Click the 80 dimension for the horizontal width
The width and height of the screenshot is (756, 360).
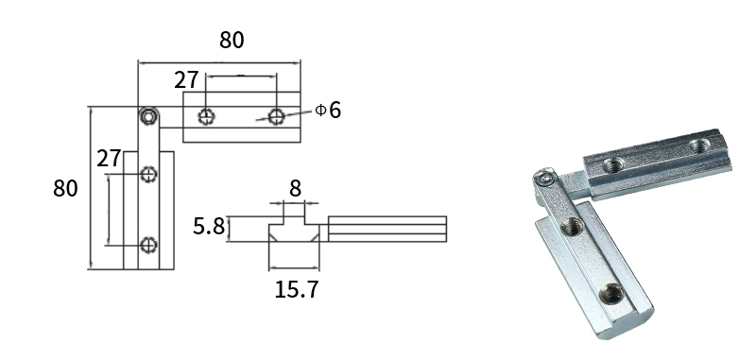(x=232, y=40)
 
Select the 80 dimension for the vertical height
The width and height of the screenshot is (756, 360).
(x=65, y=188)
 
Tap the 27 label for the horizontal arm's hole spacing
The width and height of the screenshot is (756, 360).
(x=186, y=80)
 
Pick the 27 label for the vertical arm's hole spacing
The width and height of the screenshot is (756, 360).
(x=109, y=158)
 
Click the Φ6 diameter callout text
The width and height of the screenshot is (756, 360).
(x=328, y=110)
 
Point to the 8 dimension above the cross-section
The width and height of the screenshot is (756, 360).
(x=295, y=188)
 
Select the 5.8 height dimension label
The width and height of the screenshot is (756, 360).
(x=209, y=226)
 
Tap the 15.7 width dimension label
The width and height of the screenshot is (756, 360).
(x=297, y=289)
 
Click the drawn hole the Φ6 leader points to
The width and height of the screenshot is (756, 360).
(x=276, y=116)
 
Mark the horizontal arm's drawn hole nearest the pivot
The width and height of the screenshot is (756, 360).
(x=207, y=116)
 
